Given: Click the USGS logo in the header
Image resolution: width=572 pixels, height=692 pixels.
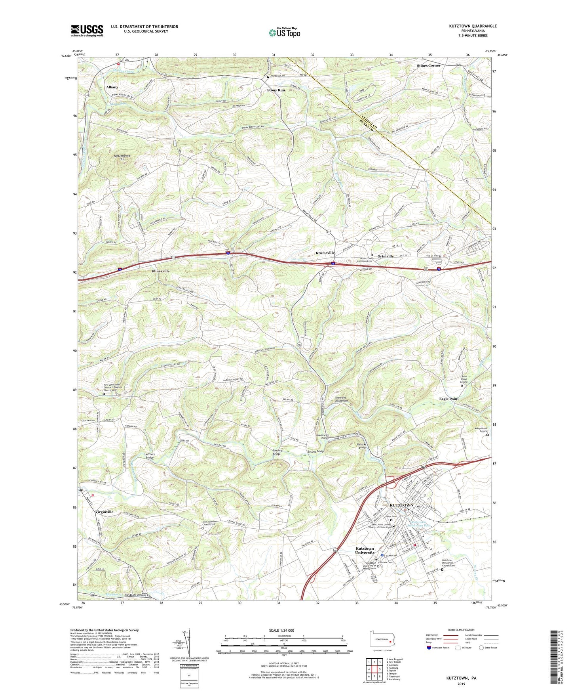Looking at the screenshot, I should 87,31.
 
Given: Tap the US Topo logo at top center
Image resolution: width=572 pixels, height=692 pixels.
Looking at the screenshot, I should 284,32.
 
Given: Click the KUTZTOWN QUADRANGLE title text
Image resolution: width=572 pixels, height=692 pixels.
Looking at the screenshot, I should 473,26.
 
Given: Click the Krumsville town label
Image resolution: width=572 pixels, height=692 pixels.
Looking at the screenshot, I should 325,252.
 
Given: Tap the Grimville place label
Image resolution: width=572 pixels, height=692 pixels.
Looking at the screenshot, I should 385,256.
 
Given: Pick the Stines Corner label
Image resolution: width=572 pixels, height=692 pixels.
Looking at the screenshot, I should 428,65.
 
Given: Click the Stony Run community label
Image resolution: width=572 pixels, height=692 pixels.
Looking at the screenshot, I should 276,90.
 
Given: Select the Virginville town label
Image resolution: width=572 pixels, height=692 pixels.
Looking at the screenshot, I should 104,512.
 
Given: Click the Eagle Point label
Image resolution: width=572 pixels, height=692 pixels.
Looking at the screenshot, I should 448,399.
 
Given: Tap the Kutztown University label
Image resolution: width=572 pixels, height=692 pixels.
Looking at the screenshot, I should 365,551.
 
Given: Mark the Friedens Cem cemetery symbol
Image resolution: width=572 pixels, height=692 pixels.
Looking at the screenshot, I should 268,76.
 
